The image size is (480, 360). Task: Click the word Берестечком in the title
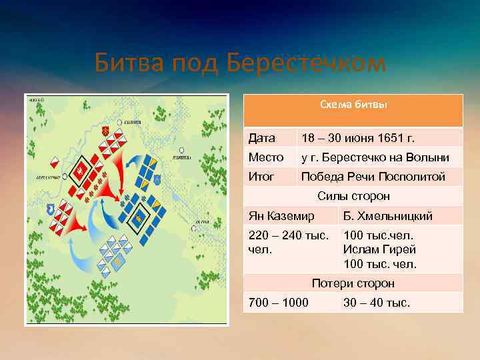[x=306, y=64]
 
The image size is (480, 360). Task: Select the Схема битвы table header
[x=353, y=105]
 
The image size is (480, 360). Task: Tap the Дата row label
[x=261, y=139]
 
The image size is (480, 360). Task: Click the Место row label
[x=265, y=158]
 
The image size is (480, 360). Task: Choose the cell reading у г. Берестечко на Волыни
[x=375, y=158]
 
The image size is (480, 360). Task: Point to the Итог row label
[x=263, y=177]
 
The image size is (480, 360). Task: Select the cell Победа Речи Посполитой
[x=373, y=177]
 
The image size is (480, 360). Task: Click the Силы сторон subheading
[x=353, y=196]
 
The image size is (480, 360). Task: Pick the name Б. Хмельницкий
[x=387, y=216]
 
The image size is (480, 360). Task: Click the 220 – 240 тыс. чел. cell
[x=289, y=243]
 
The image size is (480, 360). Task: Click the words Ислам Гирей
[x=379, y=250]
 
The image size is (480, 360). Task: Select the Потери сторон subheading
[x=353, y=283]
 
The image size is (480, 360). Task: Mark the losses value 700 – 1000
[x=278, y=303]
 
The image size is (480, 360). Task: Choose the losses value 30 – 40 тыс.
[x=376, y=303]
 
